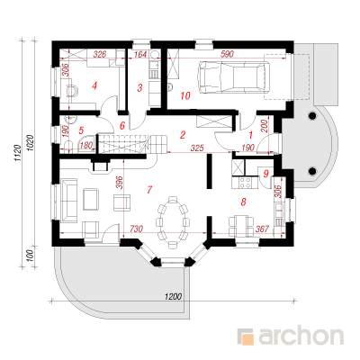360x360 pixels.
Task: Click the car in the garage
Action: pyautogui.click(x=233, y=76)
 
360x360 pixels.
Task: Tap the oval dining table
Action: pyautogui.click(x=173, y=222)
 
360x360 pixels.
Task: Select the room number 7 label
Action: pyautogui.click(x=149, y=190)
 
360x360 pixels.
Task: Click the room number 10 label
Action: pyautogui.click(x=185, y=95)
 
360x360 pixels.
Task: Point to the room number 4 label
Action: pyautogui.click(x=94, y=86)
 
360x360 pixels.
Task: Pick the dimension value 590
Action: pyautogui.click(x=227, y=54)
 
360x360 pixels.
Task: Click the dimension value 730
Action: pyautogui.click(x=136, y=229)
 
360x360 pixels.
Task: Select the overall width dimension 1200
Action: pyautogui.click(x=173, y=296)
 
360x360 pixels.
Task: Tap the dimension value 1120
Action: pyautogui.click(x=18, y=153)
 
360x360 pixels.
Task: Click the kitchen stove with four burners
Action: pyautogui.click(x=245, y=183)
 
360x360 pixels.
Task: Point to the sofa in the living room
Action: pyautogui.click(x=68, y=201)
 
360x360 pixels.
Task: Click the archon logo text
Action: pyautogui.click(x=301, y=337)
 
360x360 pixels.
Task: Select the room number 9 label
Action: pyautogui.click(x=265, y=174)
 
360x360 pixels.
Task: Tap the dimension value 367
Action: pyautogui.click(x=262, y=229)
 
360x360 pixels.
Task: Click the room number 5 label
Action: pyautogui.click(x=81, y=130)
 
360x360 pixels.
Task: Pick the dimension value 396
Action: pyautogui.click(x=120, y=182)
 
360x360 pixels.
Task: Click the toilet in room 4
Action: pyautogui.click(x=72, y=90)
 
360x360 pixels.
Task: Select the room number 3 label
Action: pyautogui.click(x=139, y=88)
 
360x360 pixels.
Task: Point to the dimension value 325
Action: pyautogui.click(x=197, y=148)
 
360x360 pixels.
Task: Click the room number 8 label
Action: pyautogui.click(x=243, y=202)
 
